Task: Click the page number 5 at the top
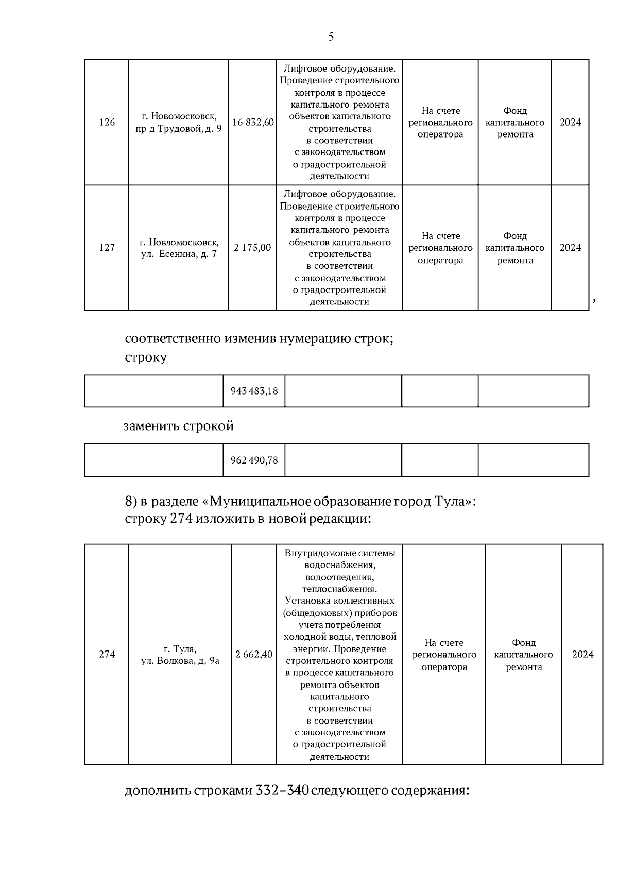coord(331,37)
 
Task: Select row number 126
coord(107,123)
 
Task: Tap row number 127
coord(107,248)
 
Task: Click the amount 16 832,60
coord(253,123)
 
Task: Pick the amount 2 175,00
coord(252,248)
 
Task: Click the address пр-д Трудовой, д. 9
coord(179,129)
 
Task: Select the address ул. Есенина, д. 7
coord(179,254)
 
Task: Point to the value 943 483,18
coord(254,391)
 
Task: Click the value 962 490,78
coord(254,460)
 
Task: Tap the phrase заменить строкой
coord(178,426)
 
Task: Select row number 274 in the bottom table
coord(107,655)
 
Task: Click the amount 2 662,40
coord(254,655)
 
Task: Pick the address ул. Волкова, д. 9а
coord(180,661)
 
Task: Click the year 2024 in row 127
coord(570,248)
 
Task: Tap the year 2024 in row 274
coord(582,655)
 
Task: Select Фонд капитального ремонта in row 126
coord(515,123)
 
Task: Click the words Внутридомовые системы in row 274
coord(340,553)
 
